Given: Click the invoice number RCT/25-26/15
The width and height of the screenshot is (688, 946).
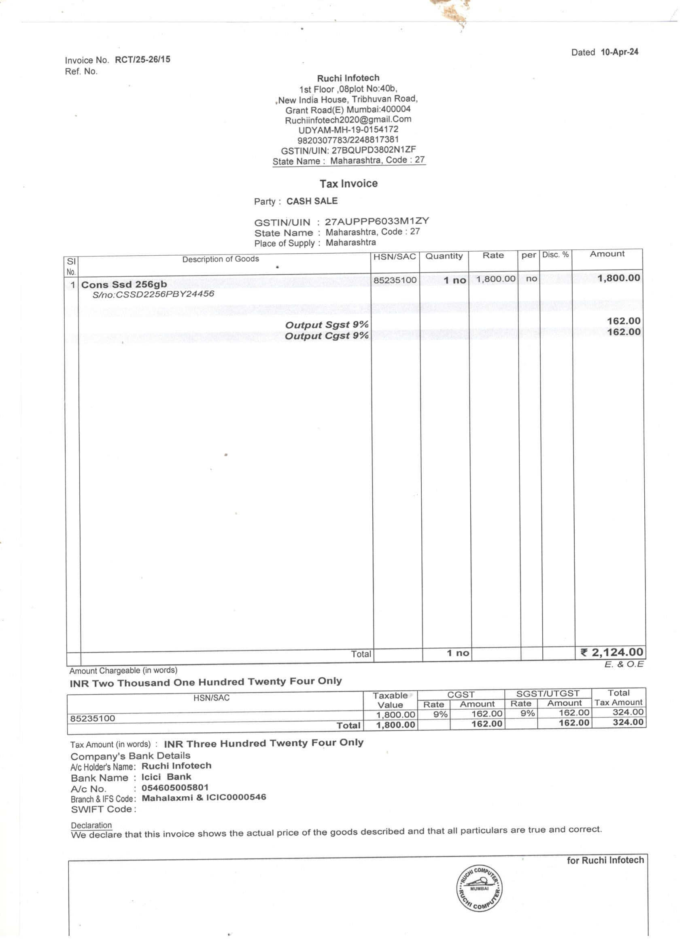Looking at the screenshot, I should coord(142,59).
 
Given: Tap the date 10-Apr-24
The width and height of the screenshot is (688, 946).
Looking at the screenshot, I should coord(619,52).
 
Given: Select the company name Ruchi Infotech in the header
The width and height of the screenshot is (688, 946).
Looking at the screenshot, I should coord(348,78).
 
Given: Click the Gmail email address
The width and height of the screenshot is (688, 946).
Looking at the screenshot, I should coord(348,120).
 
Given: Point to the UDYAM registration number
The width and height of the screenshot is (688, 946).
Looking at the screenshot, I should coord(348,130).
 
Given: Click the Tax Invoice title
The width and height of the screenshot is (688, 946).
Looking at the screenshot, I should coord(348,184).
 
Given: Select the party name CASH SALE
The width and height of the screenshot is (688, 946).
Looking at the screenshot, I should coord(312,201).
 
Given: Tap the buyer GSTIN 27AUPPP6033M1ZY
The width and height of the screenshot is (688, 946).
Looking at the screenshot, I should coord(377,221).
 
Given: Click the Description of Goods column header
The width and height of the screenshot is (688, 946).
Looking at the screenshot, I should coord(220,259).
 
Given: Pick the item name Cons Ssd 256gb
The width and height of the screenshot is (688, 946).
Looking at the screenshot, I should coord(124,284).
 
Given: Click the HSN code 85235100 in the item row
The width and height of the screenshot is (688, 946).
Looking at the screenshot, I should coord(395,280).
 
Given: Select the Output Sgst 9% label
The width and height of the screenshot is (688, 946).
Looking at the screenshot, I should coord(327,325).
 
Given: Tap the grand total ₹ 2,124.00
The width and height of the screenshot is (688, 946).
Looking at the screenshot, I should coord(612,652).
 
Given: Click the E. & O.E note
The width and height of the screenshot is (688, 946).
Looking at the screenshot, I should coord(624,664).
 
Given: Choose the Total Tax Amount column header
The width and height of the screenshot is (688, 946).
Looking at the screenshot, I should coord(618,698).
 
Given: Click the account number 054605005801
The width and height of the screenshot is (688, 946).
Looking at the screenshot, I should coord(175,788).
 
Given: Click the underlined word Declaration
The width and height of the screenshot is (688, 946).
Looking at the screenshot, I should coord(91,825).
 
